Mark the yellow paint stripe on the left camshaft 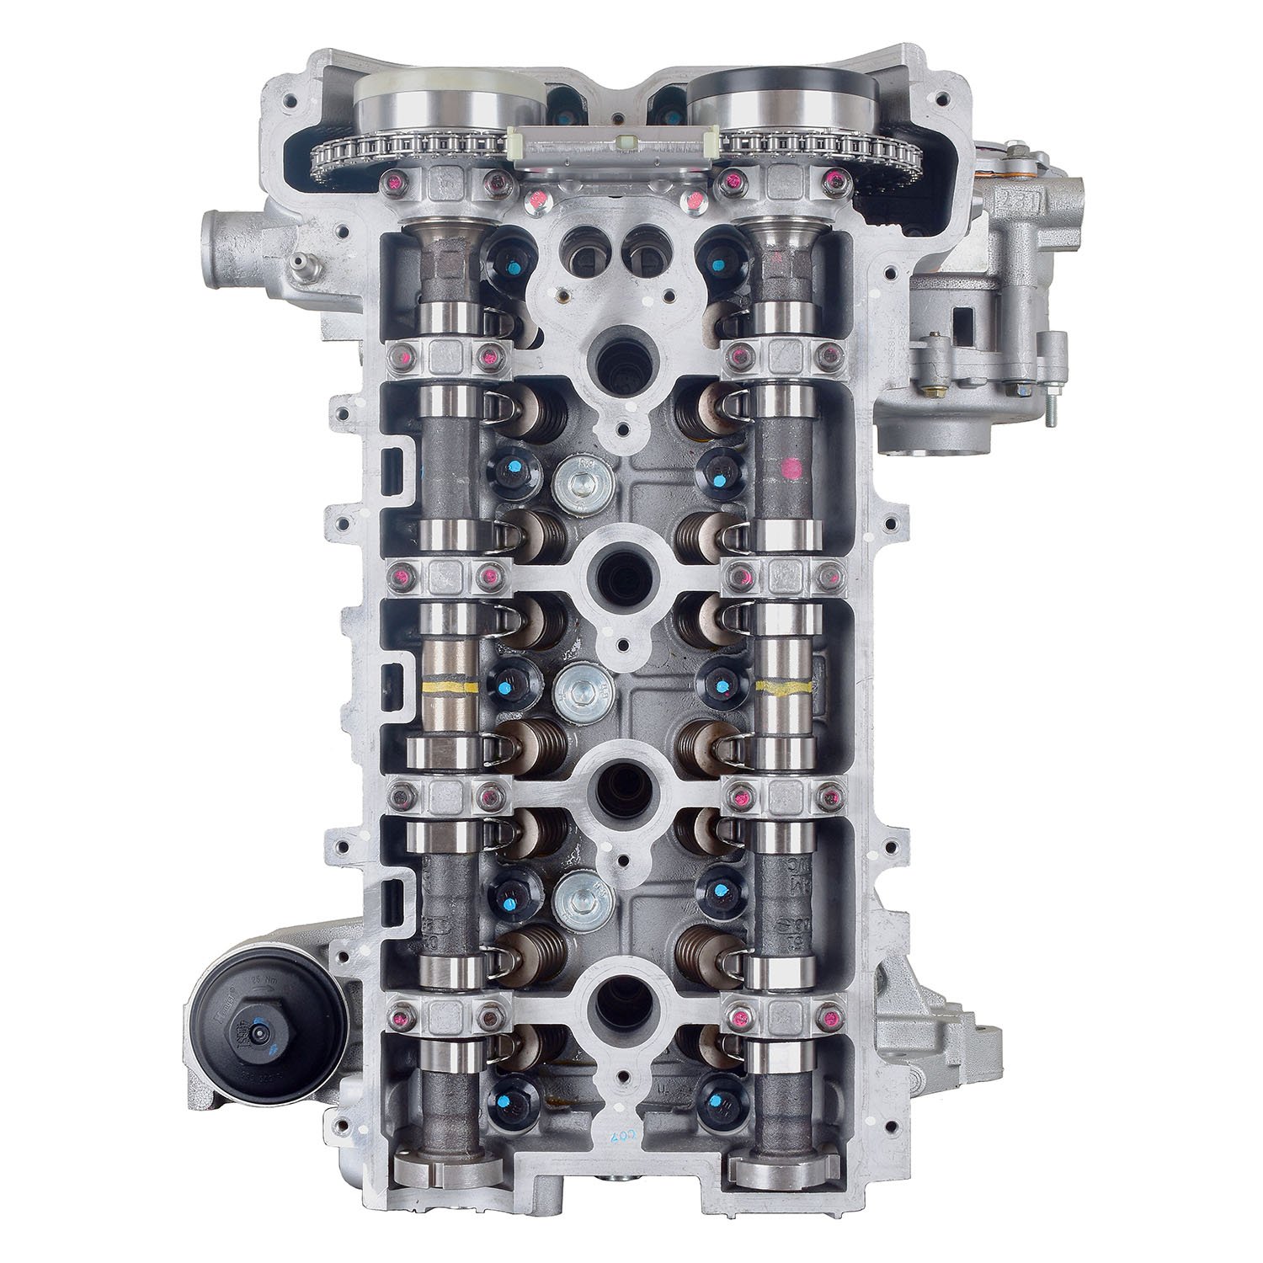(447, 687)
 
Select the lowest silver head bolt (579, 896)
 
